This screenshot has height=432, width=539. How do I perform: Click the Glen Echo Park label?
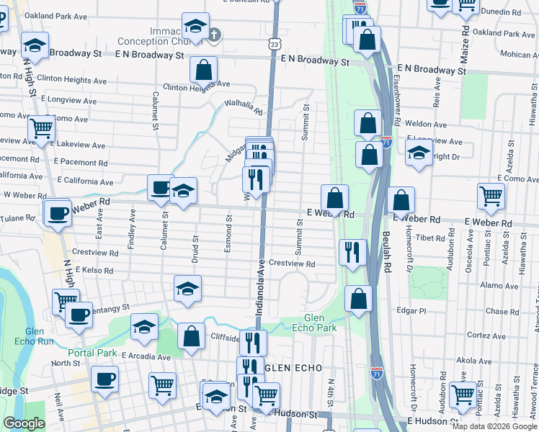click(x=320, y=323)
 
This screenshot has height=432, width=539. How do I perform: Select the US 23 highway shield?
click(x=275, y=45)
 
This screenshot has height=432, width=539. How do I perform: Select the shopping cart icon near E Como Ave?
click(x=491, y=195)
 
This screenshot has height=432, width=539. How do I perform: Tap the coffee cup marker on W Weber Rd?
click(x=57, y=212)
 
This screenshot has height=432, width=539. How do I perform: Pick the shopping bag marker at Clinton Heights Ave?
click(x=204, y=70)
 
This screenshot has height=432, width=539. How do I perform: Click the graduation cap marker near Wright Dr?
click(x=419, y=153)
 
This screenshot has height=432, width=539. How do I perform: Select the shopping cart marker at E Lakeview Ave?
click(x=41, y=129)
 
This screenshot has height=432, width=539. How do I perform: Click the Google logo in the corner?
click(x=24, y=423)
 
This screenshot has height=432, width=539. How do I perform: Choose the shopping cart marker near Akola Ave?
click(x=462, y=394)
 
